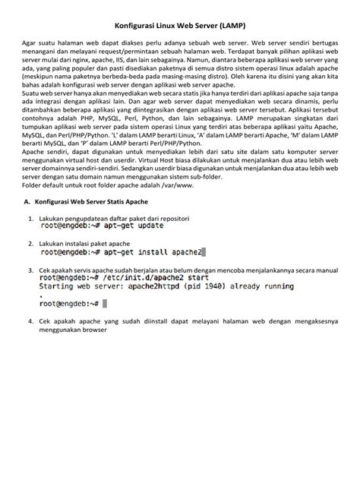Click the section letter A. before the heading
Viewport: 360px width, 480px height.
click(27, 201)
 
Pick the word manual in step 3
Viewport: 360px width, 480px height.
click(315, 269)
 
